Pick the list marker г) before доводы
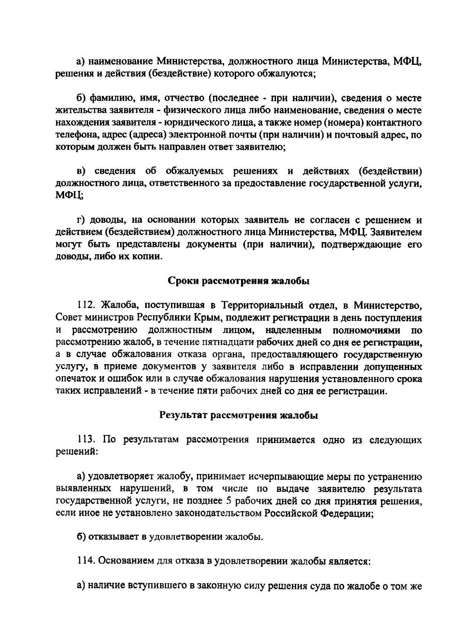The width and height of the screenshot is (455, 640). pos(80,220)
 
